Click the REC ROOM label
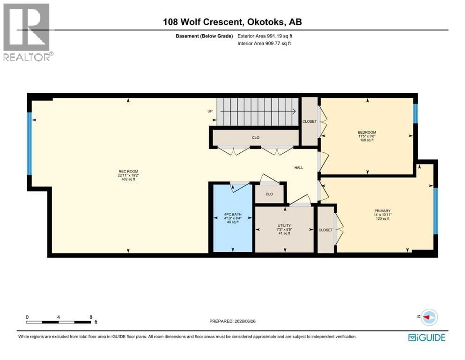pos(128,175)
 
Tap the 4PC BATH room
pos(233,218)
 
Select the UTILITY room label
pos(284,229)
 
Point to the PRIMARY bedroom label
pos(382,215)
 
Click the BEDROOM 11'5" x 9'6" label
pos(367,136)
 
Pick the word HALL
pos(299,168)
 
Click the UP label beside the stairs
pos(210,111)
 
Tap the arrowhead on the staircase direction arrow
pos(294,112)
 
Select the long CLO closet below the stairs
pos(256,138)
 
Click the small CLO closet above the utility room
pos(269,194)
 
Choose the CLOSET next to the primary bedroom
pos(325,230)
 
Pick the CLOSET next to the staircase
pos(310,121)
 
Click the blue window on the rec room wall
pos(30,143)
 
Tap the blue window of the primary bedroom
pos(435,211)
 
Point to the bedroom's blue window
pos(415,113)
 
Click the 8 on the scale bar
pos(91,317)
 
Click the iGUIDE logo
pos(427,337)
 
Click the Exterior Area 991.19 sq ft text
pos(265,36)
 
